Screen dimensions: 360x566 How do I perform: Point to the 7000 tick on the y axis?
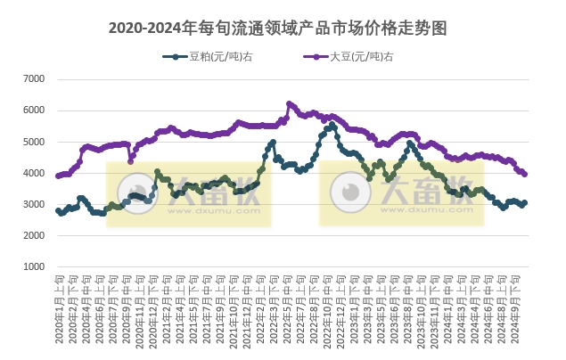coord(33,79)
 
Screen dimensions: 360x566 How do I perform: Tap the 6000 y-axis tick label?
coord(33,110)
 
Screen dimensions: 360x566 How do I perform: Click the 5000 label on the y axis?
coord(33,142)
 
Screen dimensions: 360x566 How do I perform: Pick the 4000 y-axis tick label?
coord(33,173)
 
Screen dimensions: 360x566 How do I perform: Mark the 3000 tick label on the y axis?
coord(33,204)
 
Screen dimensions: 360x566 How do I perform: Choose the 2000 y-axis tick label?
coord(33,235)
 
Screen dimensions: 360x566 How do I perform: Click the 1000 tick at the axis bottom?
coord(33,266)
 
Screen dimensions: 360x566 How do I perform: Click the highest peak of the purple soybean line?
coord(289,103)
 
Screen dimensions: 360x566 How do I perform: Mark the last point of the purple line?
coord(525,174)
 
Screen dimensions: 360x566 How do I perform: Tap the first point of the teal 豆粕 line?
coord(58,211)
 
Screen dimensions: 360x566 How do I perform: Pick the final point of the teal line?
coord(525,202)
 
